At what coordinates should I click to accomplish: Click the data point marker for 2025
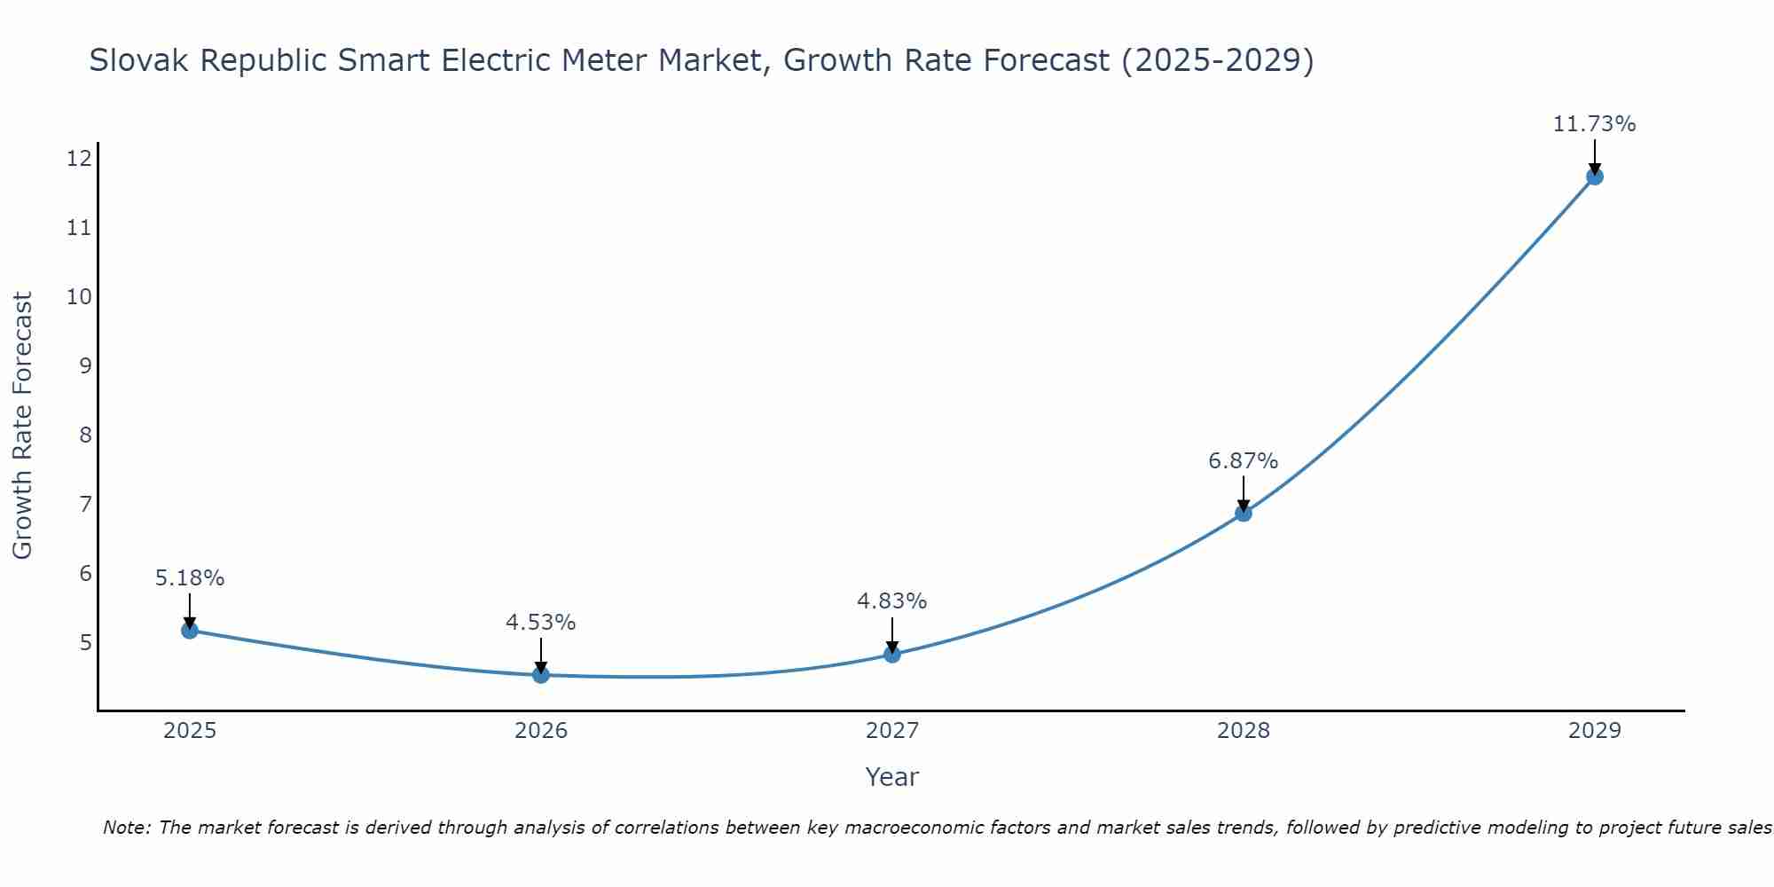coord(190,630)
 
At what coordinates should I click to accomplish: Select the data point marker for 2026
coord(541,675)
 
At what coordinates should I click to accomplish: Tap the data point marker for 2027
coord(892,655)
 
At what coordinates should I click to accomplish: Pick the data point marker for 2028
coord(1244,513)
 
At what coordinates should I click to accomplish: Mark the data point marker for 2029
coord(1594,177)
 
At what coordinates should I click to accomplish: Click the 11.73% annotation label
coord(1594,124)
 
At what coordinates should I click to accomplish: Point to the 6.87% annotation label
coord(1243,461)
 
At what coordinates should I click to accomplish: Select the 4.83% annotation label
coord(891,601)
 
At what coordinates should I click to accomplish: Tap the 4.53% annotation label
coord(540,623)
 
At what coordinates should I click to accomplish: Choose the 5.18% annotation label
coord(190,578)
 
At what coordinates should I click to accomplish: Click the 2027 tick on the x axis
coord(892,731)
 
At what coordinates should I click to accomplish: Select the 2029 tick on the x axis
coord(1594,731)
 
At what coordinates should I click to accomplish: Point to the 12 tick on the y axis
coord(80,159)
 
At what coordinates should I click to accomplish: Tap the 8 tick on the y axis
coord(85,435)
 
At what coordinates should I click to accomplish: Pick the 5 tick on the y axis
coord(85,642)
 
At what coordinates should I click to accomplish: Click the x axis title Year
coord(891,777)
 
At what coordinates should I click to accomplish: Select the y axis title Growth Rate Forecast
coord(23,426)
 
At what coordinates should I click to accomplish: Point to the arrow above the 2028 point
coord(1244,493)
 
